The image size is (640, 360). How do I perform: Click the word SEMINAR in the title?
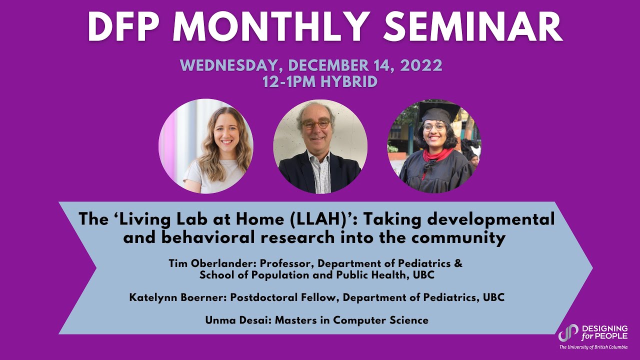tap(472, 27)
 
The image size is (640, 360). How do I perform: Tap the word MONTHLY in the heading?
tap(269, 27)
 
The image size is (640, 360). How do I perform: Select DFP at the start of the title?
tap(123, 27)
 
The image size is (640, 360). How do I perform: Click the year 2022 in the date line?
tap(421, 65)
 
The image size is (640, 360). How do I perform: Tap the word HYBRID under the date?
tap(349, 81)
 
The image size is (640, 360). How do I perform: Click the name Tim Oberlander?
tap(211, 263)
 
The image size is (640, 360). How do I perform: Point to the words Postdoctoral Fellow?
tap(284, 297)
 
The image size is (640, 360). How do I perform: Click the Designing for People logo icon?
tap(568, 333)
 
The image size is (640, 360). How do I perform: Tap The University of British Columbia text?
tap(593, 347)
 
